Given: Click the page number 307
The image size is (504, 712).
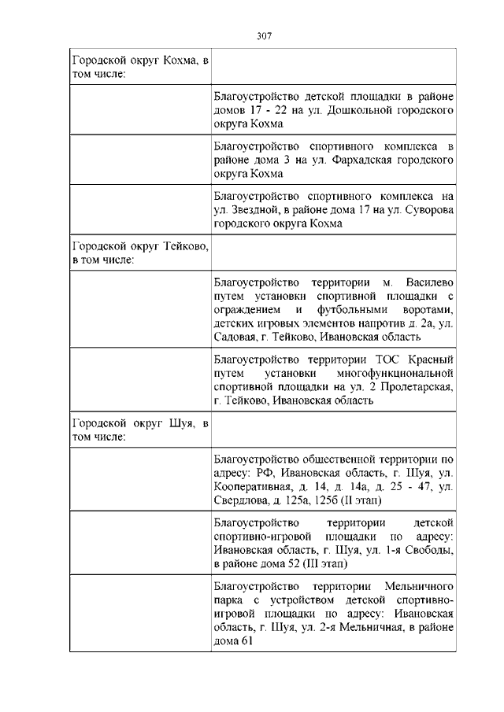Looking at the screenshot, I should [264, 35].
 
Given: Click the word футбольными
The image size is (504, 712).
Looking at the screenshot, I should [349, 309].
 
